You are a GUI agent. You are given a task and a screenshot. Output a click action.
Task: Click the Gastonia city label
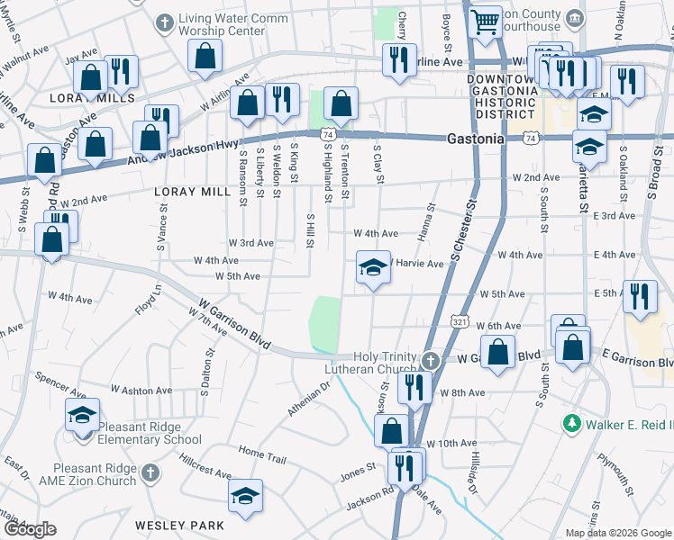[476, 139]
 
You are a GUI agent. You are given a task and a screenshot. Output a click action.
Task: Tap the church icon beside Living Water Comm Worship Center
[164, 21]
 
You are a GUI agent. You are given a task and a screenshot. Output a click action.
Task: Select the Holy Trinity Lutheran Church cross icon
[431, 361]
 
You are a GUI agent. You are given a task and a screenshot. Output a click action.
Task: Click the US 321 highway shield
[459, 321]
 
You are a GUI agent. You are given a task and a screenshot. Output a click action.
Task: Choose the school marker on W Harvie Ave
[373, 267]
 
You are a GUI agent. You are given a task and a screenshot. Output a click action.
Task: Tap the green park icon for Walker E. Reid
[570, 423]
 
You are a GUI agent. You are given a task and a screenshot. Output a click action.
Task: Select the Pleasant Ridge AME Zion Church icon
[151, 472]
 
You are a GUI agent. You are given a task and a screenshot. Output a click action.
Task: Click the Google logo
[30, 529]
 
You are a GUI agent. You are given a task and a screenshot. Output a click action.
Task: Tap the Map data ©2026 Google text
[617, 533]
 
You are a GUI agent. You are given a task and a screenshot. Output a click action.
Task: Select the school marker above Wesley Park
[245, 497]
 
